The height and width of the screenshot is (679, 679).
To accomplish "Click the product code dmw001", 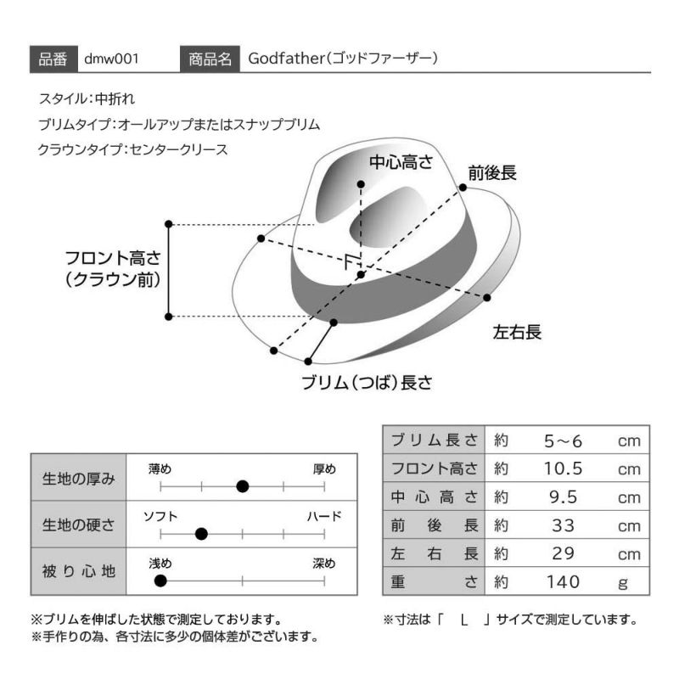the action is click(x=111, y=59).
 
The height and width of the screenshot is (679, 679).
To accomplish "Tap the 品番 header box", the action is click(x=53, y=59).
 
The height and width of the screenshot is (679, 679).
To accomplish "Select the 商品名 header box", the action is click(x=210, y=59).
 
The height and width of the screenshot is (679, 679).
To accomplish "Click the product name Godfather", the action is click(x=287, y=58).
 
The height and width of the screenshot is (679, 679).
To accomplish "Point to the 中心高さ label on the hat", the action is click(x=401, y=162).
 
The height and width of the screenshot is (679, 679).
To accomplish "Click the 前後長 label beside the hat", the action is click(x=492, y=173).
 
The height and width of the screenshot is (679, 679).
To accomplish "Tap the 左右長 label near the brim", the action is click(x=517, y=332).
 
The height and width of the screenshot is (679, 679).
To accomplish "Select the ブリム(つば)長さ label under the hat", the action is click(x=367, y=383).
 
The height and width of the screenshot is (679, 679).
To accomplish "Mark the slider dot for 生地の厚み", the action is click(x=243, y=486).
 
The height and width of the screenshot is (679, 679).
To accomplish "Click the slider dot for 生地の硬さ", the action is click(x=201, y=534).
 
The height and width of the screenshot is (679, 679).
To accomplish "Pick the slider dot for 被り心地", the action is click(x=160, y=581).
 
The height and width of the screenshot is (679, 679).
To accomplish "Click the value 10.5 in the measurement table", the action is click(x=563, y=469).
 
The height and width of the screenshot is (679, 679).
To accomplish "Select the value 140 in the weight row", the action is click(x=563, y=582).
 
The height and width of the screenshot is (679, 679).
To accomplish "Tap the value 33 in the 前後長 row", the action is click(x=563, y=525).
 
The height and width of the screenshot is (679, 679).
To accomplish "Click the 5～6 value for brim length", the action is click(x=563, y=441).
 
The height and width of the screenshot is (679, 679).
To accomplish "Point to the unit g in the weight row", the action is click(x=623, y=583).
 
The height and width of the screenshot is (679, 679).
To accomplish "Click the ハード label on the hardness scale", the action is click(x=324, y=516).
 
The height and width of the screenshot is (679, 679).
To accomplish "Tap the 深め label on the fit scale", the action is click(x=324, y=564).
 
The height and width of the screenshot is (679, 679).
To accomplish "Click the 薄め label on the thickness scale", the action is click(x=160, y=469).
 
